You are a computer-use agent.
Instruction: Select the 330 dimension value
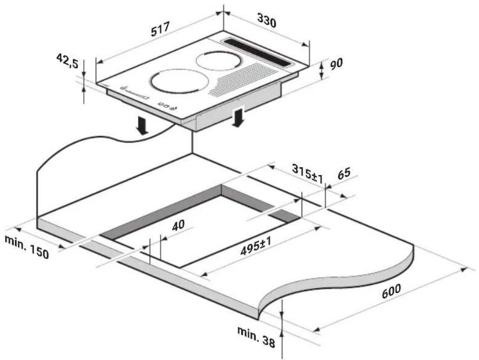[266, 21]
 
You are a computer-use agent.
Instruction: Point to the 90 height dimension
[336, 63]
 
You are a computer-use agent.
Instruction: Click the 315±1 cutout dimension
[307, 173]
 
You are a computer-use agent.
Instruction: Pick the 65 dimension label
[344, 173]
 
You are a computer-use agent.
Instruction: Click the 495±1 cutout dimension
[256, 247]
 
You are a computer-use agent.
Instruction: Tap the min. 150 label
[27, 247]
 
